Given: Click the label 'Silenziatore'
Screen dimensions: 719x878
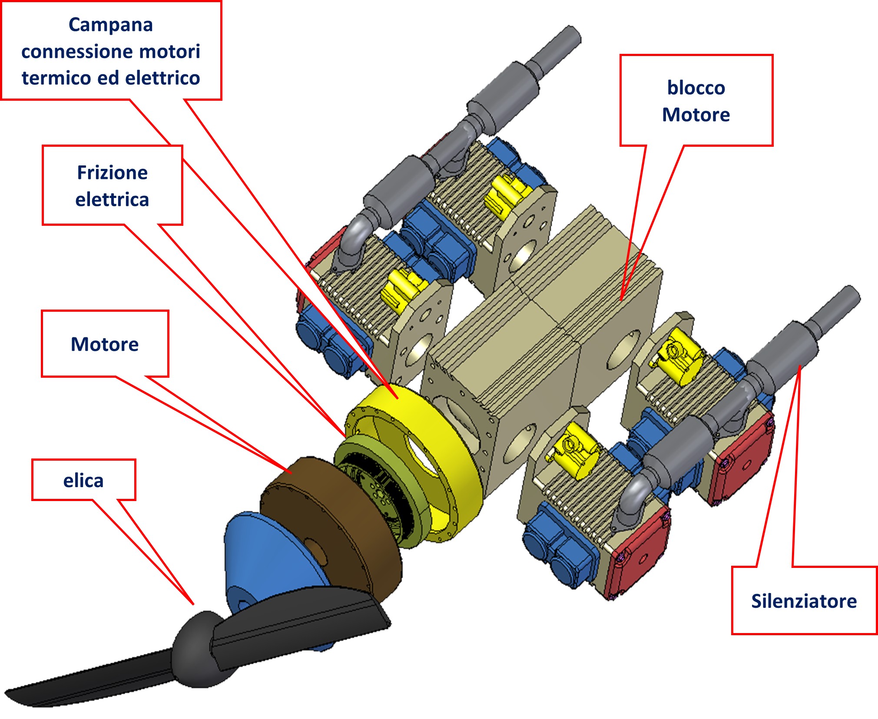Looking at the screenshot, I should coord(804,601).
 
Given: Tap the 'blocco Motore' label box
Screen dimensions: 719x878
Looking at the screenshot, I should coord(696,101).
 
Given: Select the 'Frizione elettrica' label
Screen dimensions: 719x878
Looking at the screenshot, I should coord(112,186).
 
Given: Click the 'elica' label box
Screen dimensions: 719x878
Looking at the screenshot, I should coord(83,481).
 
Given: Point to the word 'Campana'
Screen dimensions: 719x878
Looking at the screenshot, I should coord(111,25).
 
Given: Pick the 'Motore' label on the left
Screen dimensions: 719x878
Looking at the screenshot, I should coord(105,344).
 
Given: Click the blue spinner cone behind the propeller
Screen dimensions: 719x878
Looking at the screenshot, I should coord(269,556).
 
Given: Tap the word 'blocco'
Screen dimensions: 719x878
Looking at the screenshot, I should coord(696,88).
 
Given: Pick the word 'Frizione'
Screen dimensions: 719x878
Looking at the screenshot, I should coord(112,173).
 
